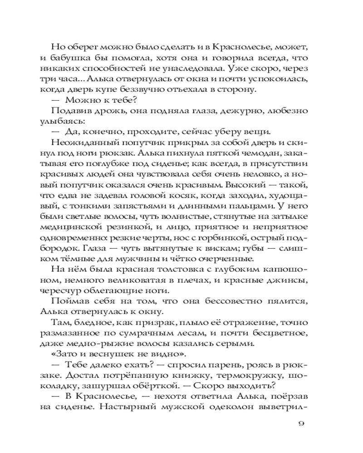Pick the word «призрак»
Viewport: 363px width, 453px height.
pyautogui.click(x=159, y=323)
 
